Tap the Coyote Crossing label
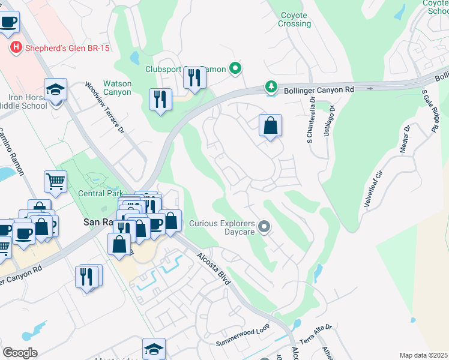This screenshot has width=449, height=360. click(295, 19)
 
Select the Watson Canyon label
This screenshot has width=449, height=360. click(117, 88)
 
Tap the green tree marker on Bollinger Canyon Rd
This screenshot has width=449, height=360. click(271, 88)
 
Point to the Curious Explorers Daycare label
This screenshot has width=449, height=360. click(223, 227)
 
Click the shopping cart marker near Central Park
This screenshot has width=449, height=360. click(55, 180)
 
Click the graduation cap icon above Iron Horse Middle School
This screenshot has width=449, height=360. click(56, 90)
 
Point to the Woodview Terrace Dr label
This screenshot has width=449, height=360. click(104, 108)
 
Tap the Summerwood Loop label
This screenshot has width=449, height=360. click(243, 340)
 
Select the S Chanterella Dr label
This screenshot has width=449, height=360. click(313, 122)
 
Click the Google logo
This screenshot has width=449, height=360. click(19, 352)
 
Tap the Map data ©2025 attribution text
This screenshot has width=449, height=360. click(423, 355)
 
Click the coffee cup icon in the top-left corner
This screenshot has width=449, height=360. click(8, 22)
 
